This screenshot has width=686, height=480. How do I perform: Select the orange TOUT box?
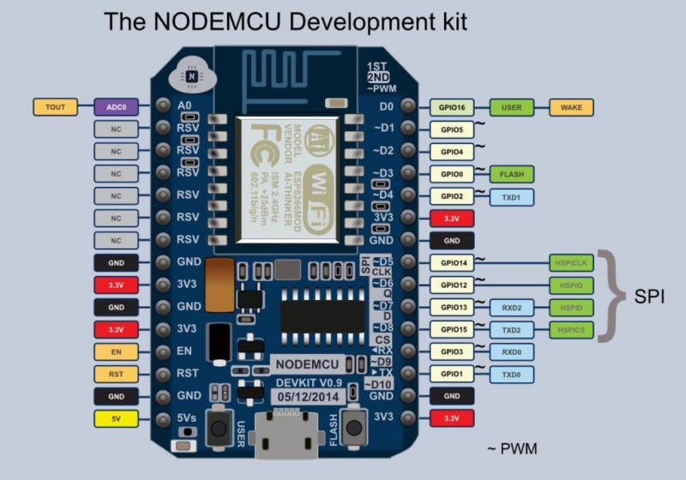pos(55,107)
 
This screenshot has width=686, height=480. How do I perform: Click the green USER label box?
pos(512,108)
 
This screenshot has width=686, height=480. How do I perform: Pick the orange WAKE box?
pos(571,108)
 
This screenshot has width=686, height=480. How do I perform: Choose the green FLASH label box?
pos(512,174)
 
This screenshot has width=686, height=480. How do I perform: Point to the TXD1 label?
pos(512,196)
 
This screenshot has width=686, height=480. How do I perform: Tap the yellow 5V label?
pos(115,419)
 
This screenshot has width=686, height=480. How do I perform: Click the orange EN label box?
pos(115,352)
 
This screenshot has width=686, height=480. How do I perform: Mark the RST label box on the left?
pos(115,375)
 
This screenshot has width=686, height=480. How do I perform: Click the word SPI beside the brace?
pos(649,297)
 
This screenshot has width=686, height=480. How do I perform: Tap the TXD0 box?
pos(511,375)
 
